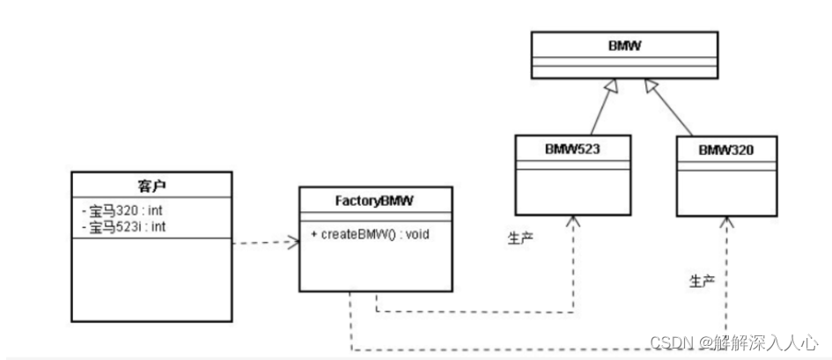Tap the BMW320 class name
[726, 150]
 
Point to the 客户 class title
[151, 186]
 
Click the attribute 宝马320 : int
[122, 211]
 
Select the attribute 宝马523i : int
[125, 226]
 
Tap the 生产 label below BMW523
[520, 238]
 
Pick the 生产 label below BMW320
[701, 281]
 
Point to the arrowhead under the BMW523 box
[573, 221]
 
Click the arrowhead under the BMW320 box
[727, 223]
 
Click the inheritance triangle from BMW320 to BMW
[652, 85]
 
